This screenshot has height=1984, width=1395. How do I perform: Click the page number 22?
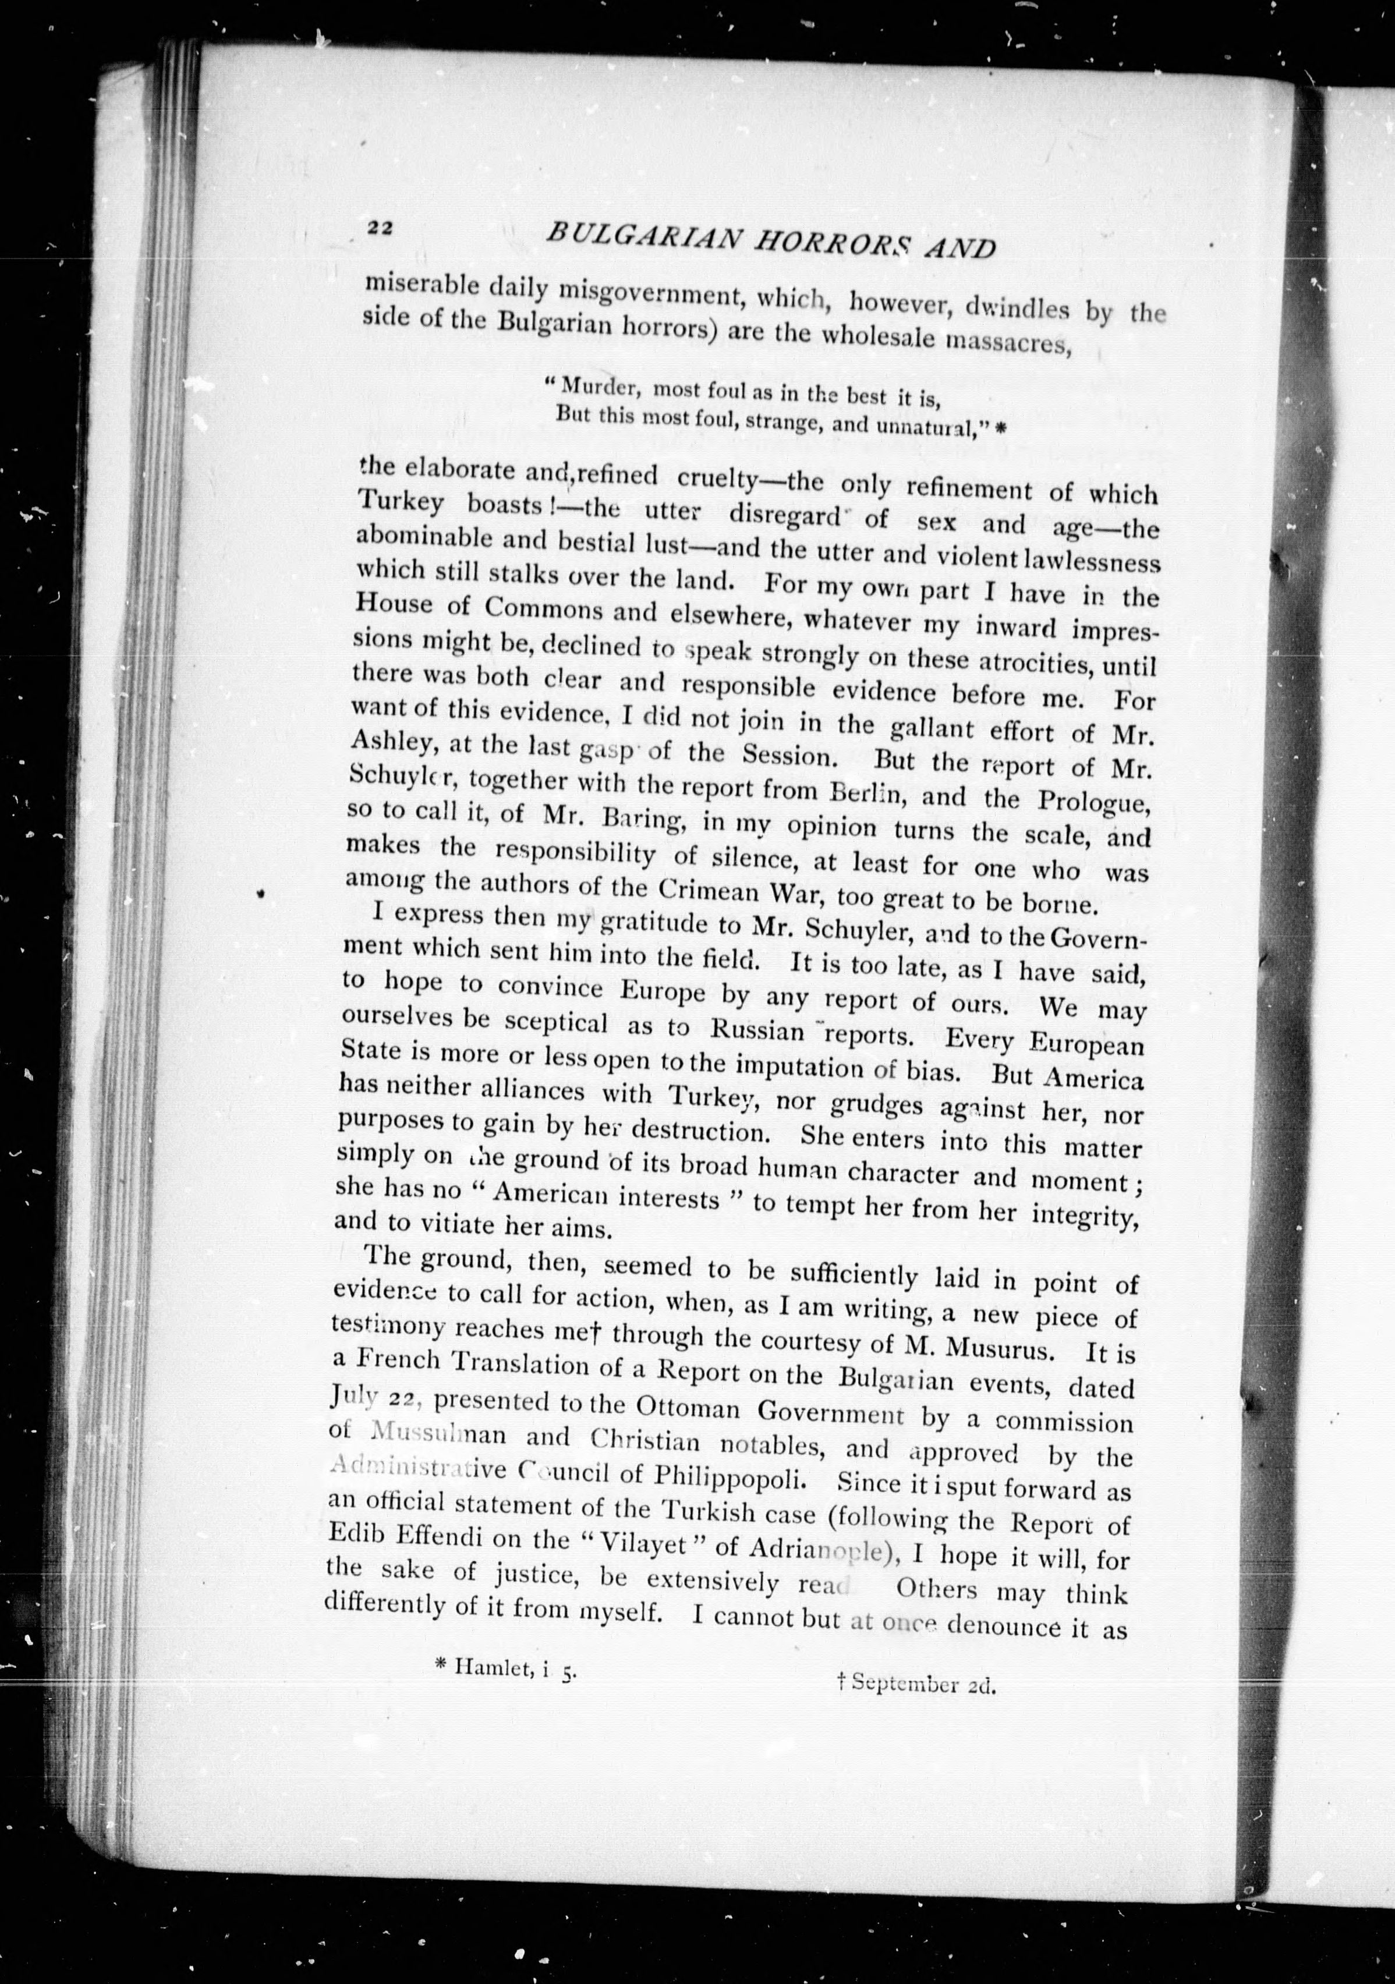click(380, 227)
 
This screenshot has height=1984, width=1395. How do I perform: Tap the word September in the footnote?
click(906, 1941)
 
